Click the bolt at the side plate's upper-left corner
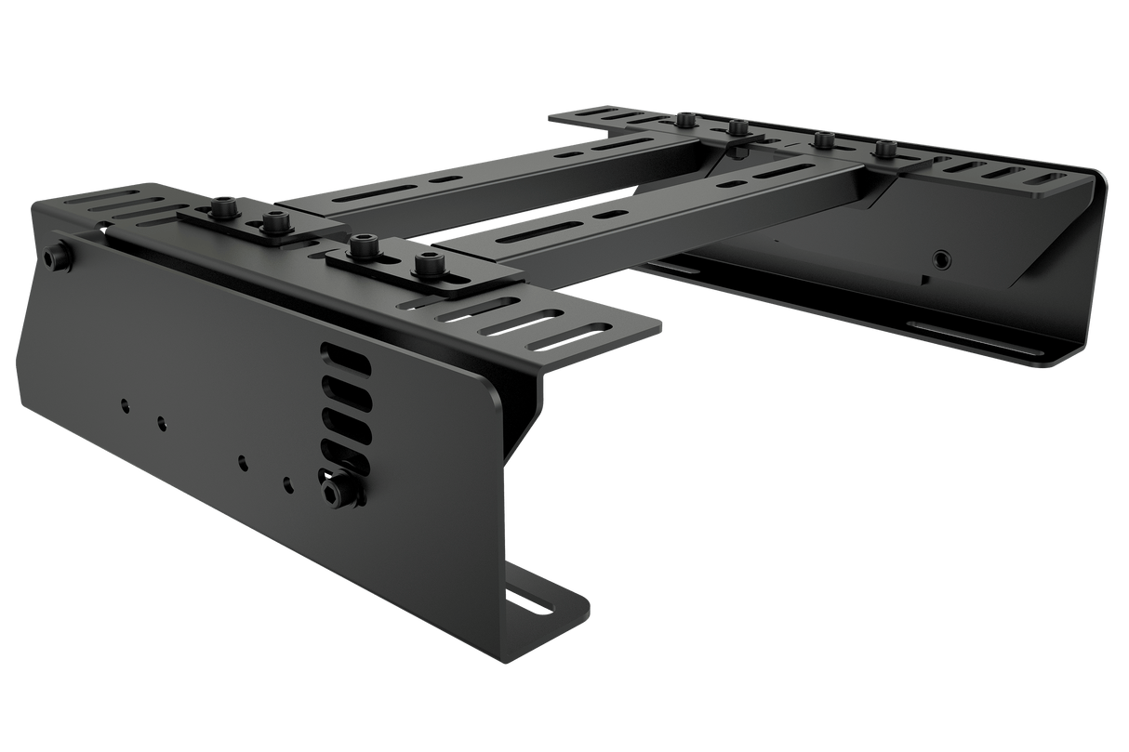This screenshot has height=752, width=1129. click(x=58, y=257)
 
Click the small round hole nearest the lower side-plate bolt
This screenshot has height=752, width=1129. click(x=288, y=483)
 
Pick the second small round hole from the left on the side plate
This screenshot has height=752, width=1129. click(x=162, y=424)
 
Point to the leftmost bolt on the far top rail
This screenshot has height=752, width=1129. click(x=686, y=119)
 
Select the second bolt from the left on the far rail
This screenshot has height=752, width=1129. click(x=736, y=126)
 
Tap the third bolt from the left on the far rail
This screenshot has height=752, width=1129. click(x=823, y=140)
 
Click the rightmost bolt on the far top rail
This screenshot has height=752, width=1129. click(x=884, y=148)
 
